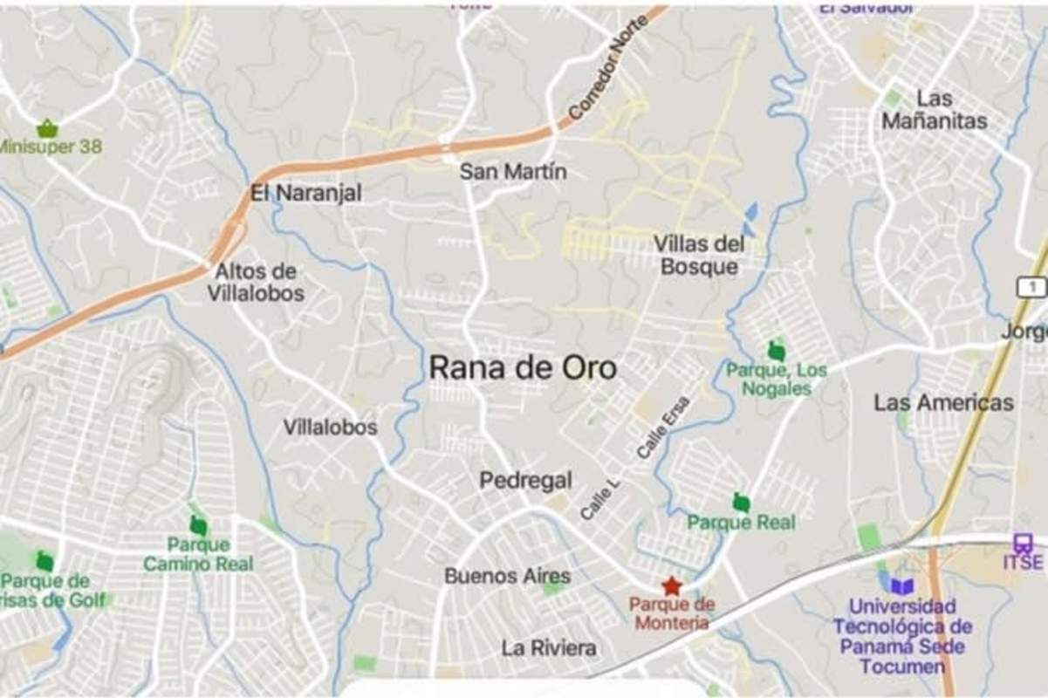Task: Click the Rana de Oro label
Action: [x=523, y=368]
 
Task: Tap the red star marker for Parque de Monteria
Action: [x=670, y=585]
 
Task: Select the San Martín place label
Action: [x=512, y=172]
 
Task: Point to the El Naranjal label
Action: [x=305, y=193]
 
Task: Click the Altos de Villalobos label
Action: [x=256, y=282]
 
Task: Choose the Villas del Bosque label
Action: [x=699, y=255]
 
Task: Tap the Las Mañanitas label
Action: [x=934, y=110]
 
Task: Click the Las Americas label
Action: [x=943, y=402]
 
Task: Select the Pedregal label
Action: [x=525, y=480]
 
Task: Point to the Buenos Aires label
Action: [x=507, y=576]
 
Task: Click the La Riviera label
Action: [x=549, y=648]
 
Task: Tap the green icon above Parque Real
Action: [x=741, y=503]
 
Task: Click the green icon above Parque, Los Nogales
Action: [x=776, y=351]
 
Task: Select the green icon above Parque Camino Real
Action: [x=198, y=525]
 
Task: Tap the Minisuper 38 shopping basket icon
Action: [x=47, y=128]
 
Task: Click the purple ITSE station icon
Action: [x=1022, y=543]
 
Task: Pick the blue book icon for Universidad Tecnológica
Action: [x=901, y=586]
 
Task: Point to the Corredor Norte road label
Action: [x=607, y=69]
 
